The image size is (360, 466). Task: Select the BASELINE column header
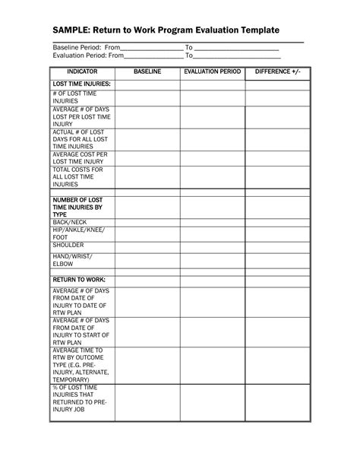(x=147, y=71)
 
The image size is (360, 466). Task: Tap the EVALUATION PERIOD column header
(x=212, y=71)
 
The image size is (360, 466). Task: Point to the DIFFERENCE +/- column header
(x=277, y=71)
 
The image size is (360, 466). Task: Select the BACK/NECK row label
(x=70, y=222)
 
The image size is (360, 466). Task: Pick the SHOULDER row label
(x=68, y=246)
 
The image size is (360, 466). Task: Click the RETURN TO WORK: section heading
(x=79, y=280)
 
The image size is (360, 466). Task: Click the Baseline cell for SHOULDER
(x=147, y=246)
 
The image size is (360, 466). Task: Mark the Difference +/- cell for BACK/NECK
(x=277, y=222)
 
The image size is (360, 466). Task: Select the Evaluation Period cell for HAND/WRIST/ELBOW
(x=212, y=262)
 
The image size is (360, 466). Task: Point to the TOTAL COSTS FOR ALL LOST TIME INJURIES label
(x=77, y=176)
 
